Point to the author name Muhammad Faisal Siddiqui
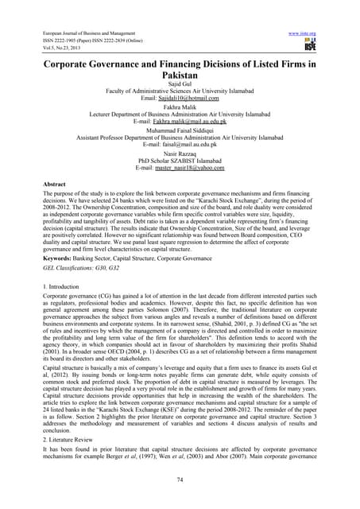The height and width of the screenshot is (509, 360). (x=180, y=141)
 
